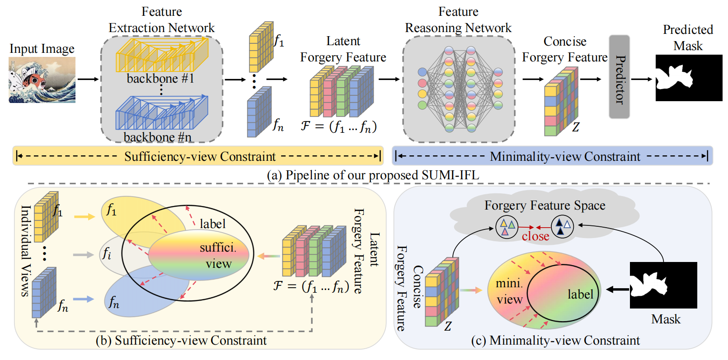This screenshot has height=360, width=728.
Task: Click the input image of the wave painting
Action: [42, 80]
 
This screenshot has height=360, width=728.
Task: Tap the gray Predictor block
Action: [619, 77]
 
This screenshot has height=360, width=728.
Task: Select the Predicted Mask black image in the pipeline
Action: [689, 78]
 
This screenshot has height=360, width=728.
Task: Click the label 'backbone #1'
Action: [160, 79]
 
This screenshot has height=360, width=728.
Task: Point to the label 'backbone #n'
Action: [157, 137]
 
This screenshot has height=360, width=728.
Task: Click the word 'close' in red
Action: [535, 236]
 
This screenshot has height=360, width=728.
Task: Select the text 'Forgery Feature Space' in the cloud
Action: [545, 206]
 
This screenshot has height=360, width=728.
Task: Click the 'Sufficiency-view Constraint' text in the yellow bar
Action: [200, 156]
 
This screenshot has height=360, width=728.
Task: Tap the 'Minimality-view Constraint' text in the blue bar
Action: [565, 156]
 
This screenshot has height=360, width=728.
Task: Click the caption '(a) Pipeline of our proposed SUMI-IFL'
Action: [373, 175]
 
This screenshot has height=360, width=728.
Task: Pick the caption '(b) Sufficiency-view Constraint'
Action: [181, 340]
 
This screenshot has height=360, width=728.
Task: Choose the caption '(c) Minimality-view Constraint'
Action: [555, 340]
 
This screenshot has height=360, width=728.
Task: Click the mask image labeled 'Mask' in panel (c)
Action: [663, 285]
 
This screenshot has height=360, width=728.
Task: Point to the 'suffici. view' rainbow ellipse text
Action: [218, 256]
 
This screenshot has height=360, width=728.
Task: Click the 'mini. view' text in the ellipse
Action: [509, 291]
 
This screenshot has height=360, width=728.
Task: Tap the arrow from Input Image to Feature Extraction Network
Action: [88, 79]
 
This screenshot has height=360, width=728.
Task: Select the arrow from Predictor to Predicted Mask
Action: [642, 79]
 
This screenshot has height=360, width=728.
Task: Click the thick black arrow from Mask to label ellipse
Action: [617, 289]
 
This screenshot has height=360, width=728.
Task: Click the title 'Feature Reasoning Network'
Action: [458, 20]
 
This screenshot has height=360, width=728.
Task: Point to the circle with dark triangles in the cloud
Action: [563, 226]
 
